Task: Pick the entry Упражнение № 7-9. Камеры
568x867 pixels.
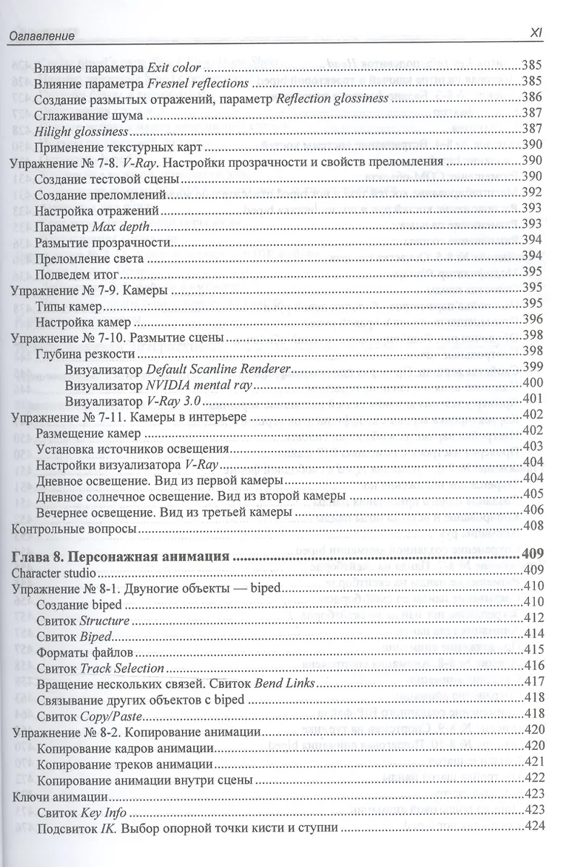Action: click(x=91, y=289)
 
